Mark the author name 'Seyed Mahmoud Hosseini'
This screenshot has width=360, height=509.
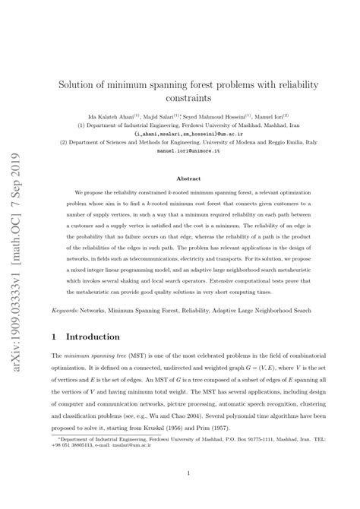[x=221, y=118]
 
